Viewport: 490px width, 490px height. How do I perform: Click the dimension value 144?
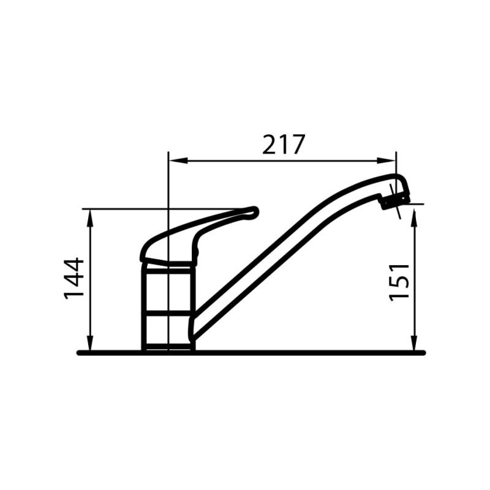click(x=75, y=279)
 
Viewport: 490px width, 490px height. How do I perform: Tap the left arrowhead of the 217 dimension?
click(x=173, y=161)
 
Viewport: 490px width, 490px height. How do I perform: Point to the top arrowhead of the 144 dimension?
click(x=90, y=214)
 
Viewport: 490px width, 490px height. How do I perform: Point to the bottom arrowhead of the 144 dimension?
click(x=90, y=346)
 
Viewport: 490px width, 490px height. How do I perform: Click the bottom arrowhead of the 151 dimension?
click(x=415, y=346)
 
